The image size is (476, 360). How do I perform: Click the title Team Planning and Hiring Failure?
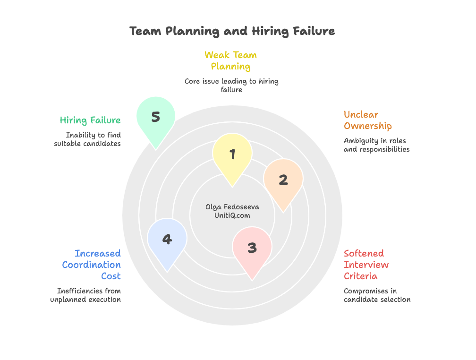point(232,31)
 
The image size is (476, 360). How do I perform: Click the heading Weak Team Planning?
point(230,60)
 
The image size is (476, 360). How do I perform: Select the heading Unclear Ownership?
point(367,120)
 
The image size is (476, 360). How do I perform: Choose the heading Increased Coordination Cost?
point(93,265)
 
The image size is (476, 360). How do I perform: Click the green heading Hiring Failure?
point(90,120)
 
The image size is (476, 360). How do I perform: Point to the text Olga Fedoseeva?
point(232,207)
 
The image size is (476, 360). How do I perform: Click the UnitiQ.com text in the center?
point(232,215)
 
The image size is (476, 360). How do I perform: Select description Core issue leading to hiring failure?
point(231,86)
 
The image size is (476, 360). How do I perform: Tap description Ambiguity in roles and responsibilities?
point(376,145)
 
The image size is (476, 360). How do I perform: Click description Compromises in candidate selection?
point(377,295)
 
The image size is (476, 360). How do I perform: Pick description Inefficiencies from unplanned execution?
point(86,295)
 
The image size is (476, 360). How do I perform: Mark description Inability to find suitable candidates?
point(88,139)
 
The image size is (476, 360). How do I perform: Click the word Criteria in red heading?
point(360,276)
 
